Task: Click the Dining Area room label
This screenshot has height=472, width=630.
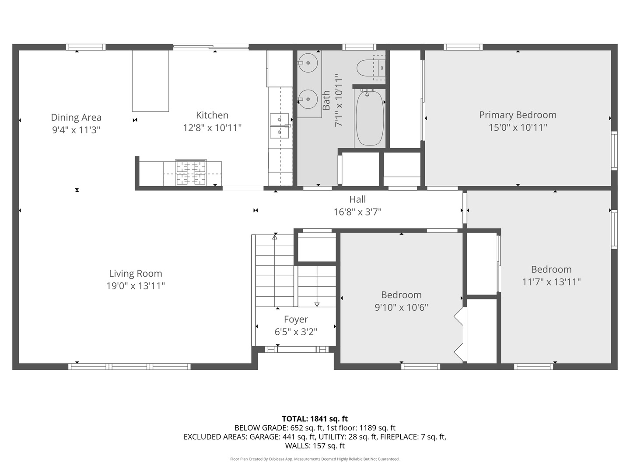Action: [76, 117]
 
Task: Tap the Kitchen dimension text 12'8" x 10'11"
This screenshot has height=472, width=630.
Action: [212, 128]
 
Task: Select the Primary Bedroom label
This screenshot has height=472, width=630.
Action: [518, 115]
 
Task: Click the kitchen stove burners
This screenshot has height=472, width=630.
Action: [191, 172]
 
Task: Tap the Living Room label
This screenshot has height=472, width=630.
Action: [136, 274]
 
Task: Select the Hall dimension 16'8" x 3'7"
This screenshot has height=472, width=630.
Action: [357, 212]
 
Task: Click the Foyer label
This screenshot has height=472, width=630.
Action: [296, 319]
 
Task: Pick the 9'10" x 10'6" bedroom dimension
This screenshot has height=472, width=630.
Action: [401, 307]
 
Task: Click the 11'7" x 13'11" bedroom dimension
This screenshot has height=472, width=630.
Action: [551, 282]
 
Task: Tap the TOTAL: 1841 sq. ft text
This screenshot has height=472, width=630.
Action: [315, 419]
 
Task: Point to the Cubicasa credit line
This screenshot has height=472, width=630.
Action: [315, 459]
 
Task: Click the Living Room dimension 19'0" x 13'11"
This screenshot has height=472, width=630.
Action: [136, 286]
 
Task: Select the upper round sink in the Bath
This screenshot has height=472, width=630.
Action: [309, 63]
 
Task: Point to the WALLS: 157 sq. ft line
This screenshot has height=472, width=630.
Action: [315, 446]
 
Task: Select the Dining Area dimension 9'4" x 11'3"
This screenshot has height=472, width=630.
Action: [76, 130]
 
